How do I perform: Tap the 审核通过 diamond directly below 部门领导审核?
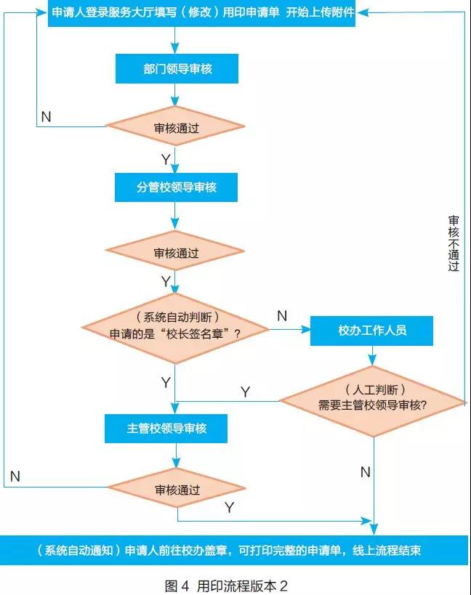(x=176, y=127)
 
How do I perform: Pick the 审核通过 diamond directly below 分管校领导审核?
(x=176, y=254)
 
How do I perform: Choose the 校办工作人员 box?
(x=371, y=331)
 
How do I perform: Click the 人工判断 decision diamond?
(x=373, y=400)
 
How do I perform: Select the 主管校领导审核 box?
(x=166, y=429)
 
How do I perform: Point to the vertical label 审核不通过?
(x=454, y=243)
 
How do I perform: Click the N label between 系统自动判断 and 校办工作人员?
(x=282, y=316)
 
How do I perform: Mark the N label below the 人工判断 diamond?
(x=366, y=473)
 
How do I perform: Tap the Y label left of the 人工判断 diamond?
(x=245, y=392)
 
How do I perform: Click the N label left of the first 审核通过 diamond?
(x=46, y=117)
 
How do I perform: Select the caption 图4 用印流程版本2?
(x=231, y=583)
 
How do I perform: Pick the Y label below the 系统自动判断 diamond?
(x=166, y=381)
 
